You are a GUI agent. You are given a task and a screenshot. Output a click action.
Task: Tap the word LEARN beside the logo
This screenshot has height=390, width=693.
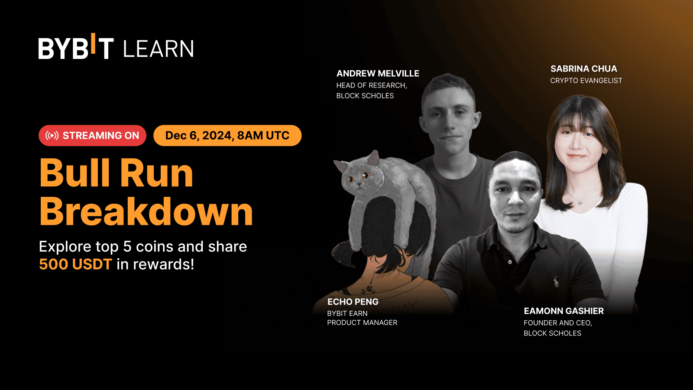click(x=159, y=49)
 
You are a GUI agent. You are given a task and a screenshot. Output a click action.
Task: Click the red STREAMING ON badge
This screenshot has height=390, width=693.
click(x=93, y=136)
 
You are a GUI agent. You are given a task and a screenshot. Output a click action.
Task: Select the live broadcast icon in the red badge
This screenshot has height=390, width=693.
click(x=52, y=136)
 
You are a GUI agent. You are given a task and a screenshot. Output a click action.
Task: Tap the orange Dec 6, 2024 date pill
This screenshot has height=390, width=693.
click(x=227, y=136)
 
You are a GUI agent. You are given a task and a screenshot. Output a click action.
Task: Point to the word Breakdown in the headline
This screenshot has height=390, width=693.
click(x=146, y=211)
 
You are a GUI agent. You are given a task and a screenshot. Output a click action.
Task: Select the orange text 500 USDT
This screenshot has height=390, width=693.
click(x=75, y=264)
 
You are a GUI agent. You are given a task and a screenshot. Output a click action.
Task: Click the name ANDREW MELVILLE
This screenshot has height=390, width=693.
click(x=378, y=73)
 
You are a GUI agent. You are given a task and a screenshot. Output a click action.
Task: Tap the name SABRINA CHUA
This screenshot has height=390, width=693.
click(x=583, y=69)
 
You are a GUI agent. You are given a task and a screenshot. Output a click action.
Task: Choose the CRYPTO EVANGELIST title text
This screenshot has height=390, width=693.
click(x=586, y=81)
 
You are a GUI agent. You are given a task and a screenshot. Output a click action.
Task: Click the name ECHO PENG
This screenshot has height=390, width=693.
click(x=353, y=302)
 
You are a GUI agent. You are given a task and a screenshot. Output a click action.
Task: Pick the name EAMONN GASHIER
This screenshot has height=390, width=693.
click(x=563, y=311)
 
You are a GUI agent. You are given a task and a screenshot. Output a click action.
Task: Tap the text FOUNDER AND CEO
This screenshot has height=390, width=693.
click(x=557, y=323)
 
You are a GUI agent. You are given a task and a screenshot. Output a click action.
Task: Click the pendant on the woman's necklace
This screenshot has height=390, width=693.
click(x=580, y=203)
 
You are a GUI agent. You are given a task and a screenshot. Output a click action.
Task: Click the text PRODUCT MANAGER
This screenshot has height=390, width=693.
click(x=362, y=322)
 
